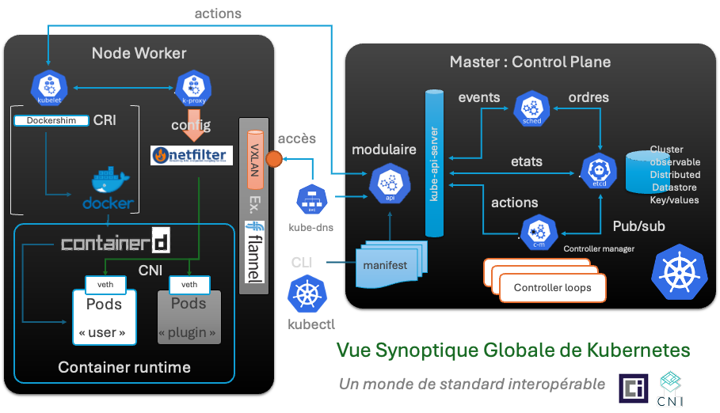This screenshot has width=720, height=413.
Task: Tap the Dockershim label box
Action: (x=50, y=121)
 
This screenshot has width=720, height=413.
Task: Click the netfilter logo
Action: (x=189, y=155)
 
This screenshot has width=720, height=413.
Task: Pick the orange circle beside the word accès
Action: (x=275, y=158)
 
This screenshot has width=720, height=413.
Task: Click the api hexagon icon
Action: (x=390, y=184)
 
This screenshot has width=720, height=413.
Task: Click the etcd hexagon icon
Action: (x=599, y=171)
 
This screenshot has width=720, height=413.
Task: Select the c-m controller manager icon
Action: (x=539, y=231)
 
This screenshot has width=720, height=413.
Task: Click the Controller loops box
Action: (x=552, y=287)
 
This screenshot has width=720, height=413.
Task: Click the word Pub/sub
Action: (x=638, y=227)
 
